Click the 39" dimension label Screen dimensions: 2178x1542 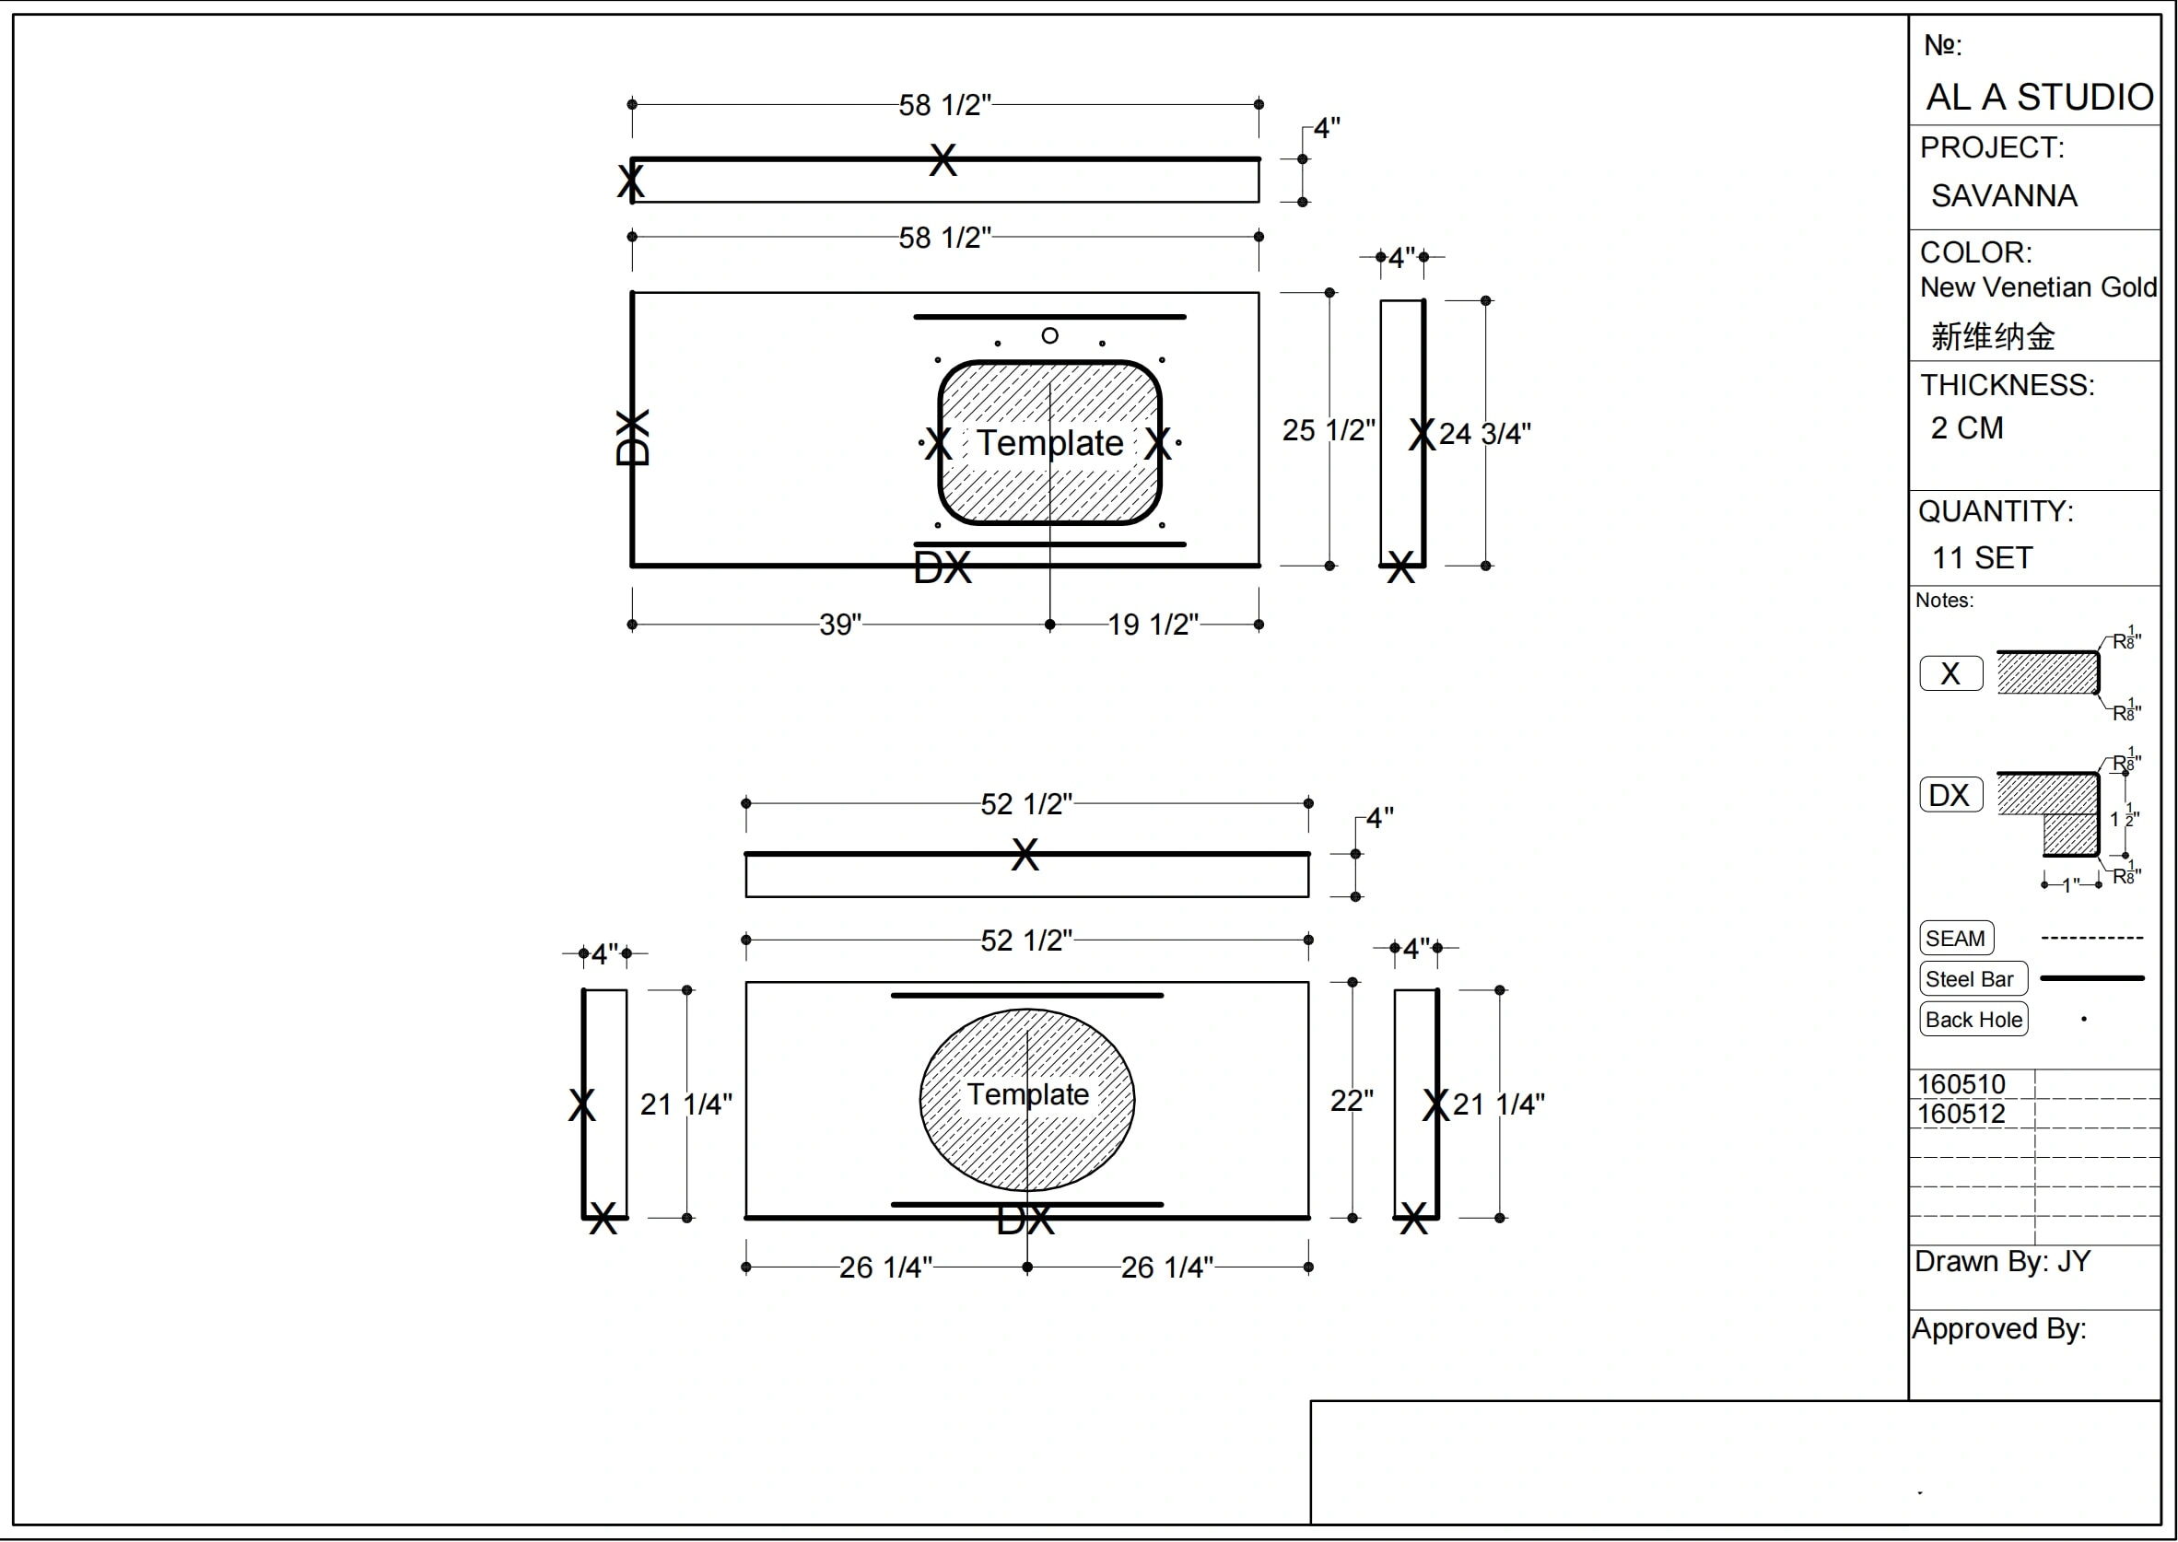(840, 625)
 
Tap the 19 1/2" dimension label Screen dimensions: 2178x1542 (1153, 625)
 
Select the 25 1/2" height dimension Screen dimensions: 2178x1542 (1329, 430)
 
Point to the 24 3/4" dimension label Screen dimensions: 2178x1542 (1485, 434)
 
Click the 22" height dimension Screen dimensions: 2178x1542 (1352, 1101)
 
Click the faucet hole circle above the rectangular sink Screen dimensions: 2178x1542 (1049, 335)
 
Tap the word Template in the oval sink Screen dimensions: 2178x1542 (1027, 1093)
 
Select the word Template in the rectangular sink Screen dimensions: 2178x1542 (1050, 442)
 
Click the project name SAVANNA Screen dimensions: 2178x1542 (2003, 195)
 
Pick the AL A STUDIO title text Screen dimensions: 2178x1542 (2040, 97)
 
